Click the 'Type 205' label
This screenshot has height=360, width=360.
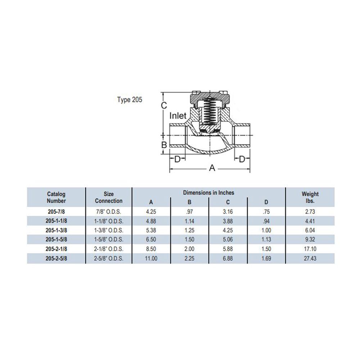[x=130, y=100]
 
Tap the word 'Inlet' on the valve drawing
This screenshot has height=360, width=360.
[x=178, y=116]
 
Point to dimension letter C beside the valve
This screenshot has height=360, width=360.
[x=164, y=105]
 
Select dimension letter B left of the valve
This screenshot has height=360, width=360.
[x=164, y=145]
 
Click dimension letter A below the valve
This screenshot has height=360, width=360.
[x=212, y=168]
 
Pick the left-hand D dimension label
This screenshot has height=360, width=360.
[x=177, y=159]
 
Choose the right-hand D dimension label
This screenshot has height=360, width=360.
[x=242, y=159]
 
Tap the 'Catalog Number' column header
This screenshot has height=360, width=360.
[x=56, y=197]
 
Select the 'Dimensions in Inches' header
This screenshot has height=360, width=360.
[x=208, y=193]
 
